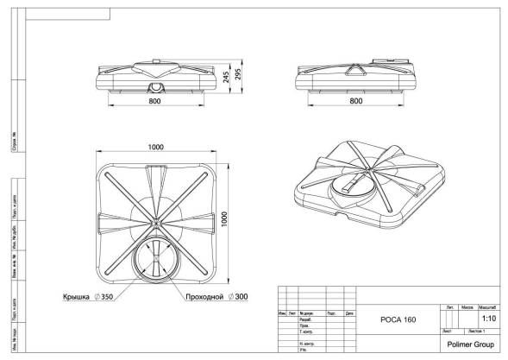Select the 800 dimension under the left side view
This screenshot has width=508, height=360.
[x=153, y=101]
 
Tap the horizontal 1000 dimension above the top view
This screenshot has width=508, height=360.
[x=155, y=147]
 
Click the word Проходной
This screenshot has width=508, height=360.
[x=204, y=296]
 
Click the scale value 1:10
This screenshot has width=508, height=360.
[x=487, y=317]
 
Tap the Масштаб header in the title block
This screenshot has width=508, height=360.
[x=487, y=306]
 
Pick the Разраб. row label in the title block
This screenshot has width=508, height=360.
[x=304, y=319]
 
